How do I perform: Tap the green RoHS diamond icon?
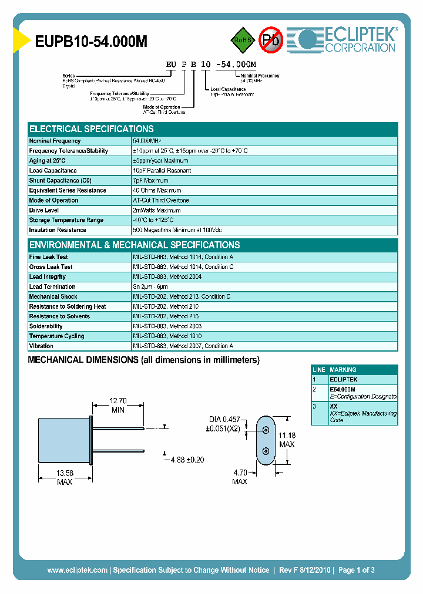click(243, 40)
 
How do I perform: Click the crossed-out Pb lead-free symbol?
click(271, 40)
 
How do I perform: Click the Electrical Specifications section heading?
click(92, 129)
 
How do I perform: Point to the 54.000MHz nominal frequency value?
click(147, 141)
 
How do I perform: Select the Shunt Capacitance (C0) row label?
click(61, 181)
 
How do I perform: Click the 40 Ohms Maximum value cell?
click(157, 191)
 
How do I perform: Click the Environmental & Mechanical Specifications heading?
click(135, 245)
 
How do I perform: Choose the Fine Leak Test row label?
click(48, 257)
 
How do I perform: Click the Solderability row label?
click(46, 326)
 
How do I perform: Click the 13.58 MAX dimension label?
click(65, 477)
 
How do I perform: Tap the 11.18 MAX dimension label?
click(287, 439)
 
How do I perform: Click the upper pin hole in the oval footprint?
click(266, 430)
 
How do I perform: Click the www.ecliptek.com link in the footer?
click(77, 570)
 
